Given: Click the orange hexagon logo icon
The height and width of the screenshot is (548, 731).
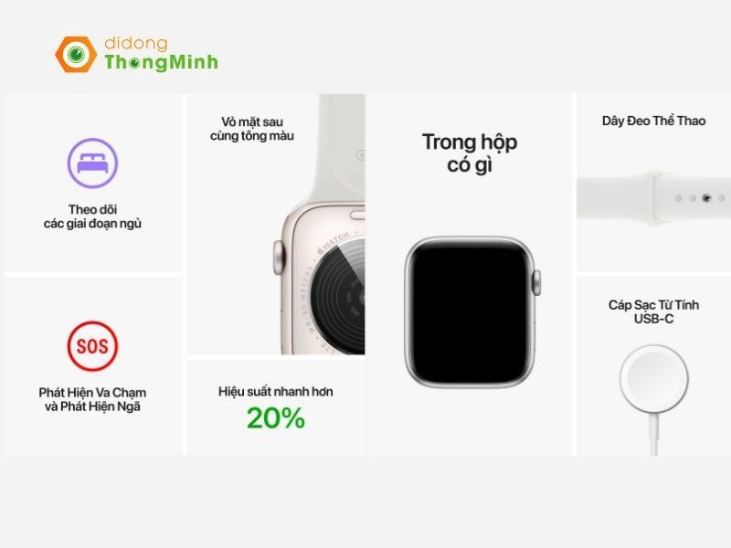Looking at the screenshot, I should (76, 54).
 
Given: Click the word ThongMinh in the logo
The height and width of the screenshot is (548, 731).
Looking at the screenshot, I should (161, 62).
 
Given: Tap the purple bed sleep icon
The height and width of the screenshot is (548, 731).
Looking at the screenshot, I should (92, 163).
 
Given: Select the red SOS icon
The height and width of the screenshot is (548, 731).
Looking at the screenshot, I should (92, 346).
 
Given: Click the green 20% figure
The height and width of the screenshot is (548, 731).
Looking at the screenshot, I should (275, 418).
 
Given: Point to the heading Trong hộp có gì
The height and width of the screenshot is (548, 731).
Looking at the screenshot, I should (470, 153).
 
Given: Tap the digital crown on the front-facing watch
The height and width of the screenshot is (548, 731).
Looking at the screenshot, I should (537, 281).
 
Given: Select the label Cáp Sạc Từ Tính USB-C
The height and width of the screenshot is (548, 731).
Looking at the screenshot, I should (653, 311).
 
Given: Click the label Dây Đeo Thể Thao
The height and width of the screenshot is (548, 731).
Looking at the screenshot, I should (653, 121).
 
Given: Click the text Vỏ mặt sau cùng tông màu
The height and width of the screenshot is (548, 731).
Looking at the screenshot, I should (258, 129).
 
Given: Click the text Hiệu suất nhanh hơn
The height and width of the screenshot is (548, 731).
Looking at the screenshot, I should (275, 391).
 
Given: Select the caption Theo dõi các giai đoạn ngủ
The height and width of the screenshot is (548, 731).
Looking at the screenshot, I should (92, 216).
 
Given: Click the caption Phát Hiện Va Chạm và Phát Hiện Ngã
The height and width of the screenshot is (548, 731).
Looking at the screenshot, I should (92, 399).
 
